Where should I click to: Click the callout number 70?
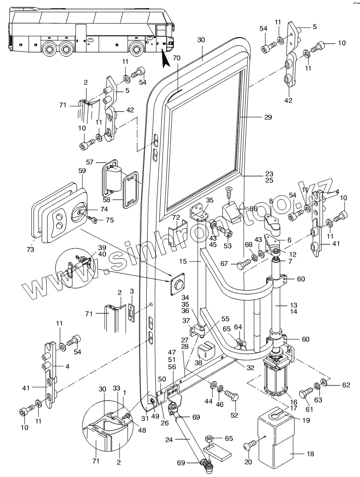[176, 58]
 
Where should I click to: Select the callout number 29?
[268, 117]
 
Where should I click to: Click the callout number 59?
[82, 172]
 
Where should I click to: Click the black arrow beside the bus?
[163, 57]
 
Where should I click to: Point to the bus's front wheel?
[135, 48]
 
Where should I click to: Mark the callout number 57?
[90, 162]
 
